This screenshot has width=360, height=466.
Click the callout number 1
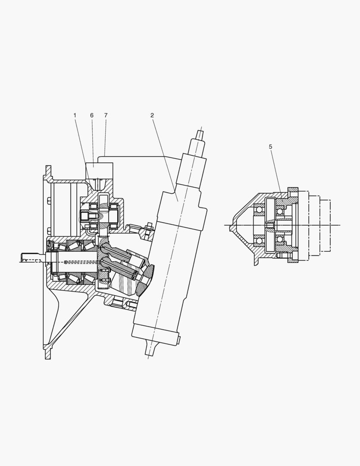point(75,115)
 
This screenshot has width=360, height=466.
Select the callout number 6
point(92,115)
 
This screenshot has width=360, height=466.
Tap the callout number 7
point(106,115)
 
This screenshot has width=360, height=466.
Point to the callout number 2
point(152,115)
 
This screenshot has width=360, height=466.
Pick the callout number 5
point(270,147)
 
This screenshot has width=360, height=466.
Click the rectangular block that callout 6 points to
point(99,170)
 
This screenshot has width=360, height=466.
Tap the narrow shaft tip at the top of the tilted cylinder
point(200,134)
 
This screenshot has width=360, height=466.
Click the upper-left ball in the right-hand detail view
point(259,211)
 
